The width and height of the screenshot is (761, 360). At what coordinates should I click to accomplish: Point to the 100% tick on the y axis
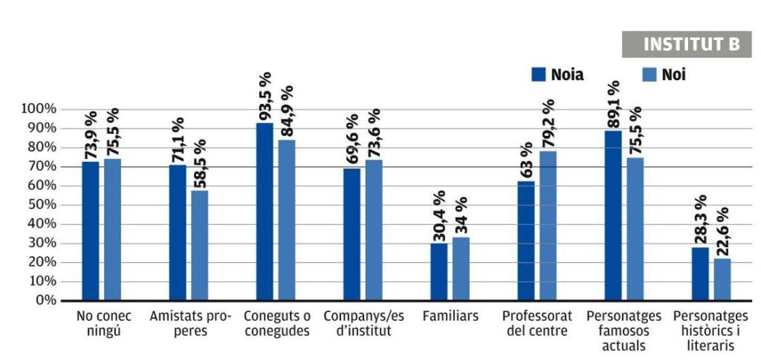click(40, 110)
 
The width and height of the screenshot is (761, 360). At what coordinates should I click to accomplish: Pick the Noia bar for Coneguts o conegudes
click(264, 211)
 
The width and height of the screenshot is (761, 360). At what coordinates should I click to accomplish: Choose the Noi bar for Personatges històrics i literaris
click(722, 279)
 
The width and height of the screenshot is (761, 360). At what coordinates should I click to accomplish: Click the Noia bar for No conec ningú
click(90, 231)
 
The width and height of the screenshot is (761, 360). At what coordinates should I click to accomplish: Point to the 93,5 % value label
click(265, 96)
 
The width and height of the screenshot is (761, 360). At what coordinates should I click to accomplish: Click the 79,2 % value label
click(549, 124)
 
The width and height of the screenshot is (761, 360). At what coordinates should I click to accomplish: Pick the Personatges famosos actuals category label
click(624, 331)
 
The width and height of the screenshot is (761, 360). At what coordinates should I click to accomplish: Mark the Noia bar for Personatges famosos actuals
click(613, 215)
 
